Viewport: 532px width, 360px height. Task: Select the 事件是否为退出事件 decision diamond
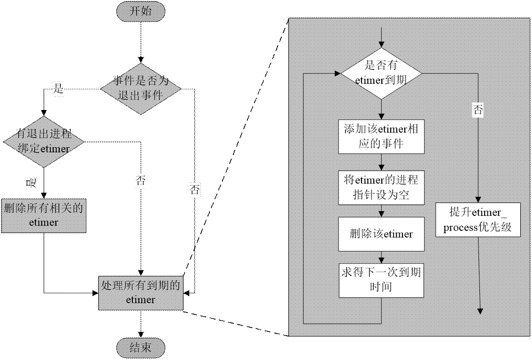(141, 88)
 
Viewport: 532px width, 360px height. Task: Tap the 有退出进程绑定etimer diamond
(43, 141)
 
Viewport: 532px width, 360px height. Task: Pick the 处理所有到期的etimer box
(141, 292)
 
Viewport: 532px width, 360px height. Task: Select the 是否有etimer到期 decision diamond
(381, 73)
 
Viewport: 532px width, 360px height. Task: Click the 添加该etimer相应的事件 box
(381, 136)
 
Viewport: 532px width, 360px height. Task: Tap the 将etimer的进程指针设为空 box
(381, 188)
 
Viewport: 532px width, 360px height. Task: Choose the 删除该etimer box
(381, 234)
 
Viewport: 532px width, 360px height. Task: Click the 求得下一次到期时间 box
(381, 280)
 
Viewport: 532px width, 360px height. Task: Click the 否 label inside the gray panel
(478, 110)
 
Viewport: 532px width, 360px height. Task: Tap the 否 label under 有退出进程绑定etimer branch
(140, 181)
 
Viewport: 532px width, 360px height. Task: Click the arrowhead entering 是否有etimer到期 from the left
(337, 73)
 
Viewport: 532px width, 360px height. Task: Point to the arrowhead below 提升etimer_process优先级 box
(480, 311)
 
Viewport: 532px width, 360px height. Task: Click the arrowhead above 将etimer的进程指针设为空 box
(381, 168)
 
